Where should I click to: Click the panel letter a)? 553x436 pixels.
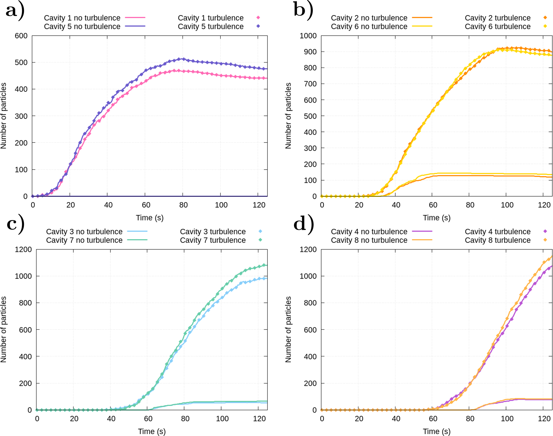pyautogui.click(x=15, y=11)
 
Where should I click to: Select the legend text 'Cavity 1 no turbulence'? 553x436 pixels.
pyautogui.click(x=82, y=18)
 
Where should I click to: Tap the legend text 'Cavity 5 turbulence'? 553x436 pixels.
pyautogui.click(x=211, y=26)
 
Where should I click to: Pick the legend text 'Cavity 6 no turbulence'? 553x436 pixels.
pyautogui.click(x=369, y=26)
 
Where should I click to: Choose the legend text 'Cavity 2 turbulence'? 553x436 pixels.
pyautogui.click(x=497, y=18)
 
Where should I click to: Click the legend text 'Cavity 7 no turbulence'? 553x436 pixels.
pyautogui.click(x=84, y=240)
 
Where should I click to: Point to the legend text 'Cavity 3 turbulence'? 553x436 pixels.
pyautogui.click(x=213, y=232)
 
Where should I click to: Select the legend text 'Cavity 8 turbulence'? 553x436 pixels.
pyautogui.click(x=497, y=240)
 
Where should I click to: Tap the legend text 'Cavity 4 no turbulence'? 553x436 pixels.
pyautogui.click(x=369, y=232)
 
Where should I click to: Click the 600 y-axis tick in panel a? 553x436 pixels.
pyautogui.click(x=21, y=36)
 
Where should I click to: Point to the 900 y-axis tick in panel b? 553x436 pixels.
pyautogui.click(x=310, y=52)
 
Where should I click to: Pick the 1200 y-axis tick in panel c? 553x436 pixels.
pyautogui.click(x=23, y=249)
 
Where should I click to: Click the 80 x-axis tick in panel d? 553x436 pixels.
pyautogui.click(x=470, y=419)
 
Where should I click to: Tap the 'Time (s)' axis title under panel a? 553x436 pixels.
pyautogui.click(x=150, y=218)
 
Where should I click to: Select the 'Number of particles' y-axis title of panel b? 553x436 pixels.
pyautogui.click(x=288, y=116)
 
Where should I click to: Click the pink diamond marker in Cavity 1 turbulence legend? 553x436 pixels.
pyautogui.click(x=258, y=18)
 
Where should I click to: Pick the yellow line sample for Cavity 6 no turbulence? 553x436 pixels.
pyautogui.click(x=422, y=26)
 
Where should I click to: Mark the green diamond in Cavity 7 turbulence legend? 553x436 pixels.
pyautogui.click(x=260, y=240)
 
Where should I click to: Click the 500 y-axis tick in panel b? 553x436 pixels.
pyautogui.click(x=310, y=116)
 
